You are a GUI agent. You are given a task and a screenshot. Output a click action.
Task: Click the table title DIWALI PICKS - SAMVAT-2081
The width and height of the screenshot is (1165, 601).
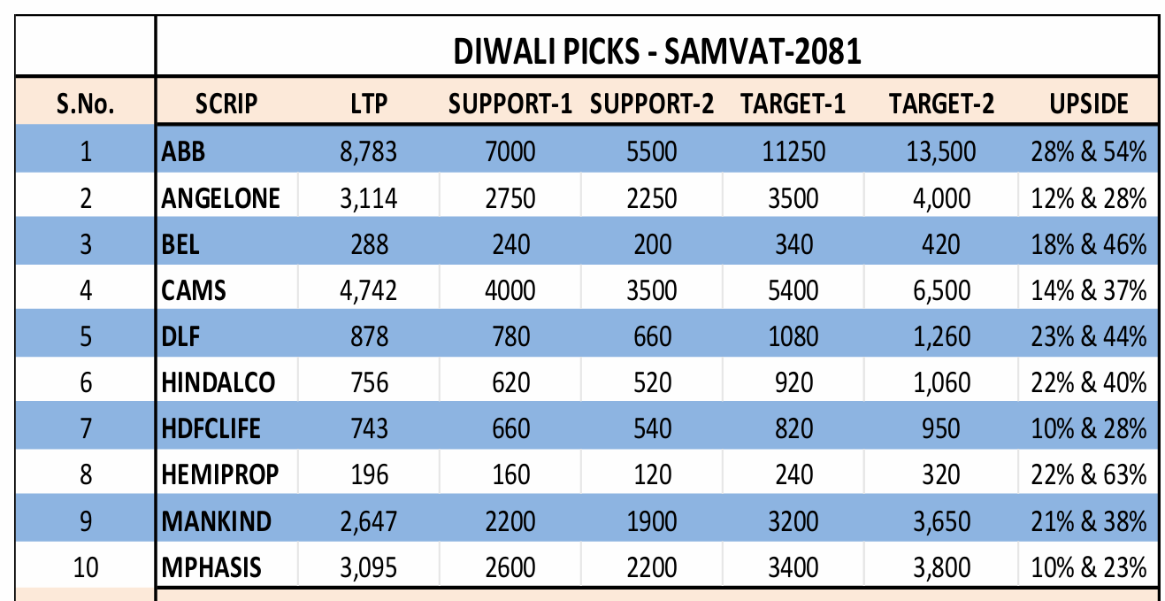pyautogui.click(x=656, y=52)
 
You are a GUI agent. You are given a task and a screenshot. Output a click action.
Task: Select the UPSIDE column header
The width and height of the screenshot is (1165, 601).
pyautogui.click(x=1089, y=104)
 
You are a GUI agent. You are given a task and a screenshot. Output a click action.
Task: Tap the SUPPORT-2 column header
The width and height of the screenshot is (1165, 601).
pyautogui.click(x=652, y=104)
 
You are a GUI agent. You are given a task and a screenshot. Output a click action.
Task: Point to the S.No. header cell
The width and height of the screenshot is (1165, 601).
pyautogui.click(x=86, y=104)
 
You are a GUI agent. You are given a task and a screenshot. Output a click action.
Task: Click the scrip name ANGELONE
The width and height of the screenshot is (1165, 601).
pyautogui.click(x=220, y=198)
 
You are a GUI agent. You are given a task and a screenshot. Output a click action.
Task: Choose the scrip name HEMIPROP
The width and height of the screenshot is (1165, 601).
pyautogui.click(x=219, y=474)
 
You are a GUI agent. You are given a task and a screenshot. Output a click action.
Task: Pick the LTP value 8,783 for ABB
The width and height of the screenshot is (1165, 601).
pyautogui.click(x=368, y=152)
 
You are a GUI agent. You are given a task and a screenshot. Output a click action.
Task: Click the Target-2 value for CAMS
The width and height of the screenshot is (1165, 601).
pyautogui.click(x=941, y=290)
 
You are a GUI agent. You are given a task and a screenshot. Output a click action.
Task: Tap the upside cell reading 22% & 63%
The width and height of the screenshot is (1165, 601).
pyautogui.click(x=1089, y=474)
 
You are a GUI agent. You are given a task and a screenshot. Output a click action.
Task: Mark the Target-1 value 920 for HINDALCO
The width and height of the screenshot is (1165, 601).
pyautogui.click(x=793, y=382)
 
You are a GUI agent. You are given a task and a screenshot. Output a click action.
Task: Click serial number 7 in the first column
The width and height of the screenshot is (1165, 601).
pyautogui.click(x=86, y=428)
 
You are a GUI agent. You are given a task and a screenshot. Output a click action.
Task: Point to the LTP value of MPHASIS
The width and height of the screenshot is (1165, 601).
pyautogui.click(x=368, y=566)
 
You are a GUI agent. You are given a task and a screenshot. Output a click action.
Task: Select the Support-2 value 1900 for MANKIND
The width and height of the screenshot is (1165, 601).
pyautogui.click(x=652, y=520)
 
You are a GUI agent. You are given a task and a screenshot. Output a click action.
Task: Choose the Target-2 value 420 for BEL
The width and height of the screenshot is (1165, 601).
pyautogui.click(x=941, y=244)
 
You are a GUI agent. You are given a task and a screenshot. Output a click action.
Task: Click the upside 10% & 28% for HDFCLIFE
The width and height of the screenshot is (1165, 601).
pyautogui.click(x=1089, y=428)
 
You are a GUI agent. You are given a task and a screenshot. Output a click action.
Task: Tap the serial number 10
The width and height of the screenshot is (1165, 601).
pyautogui.click(x=86, y=566)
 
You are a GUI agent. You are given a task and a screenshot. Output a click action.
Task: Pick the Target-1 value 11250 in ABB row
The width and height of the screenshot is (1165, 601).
pyautogui.click(x=793, y=152)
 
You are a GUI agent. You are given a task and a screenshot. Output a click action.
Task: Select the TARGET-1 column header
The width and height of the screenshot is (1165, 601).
pyautogui.click(x=793, y=104)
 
